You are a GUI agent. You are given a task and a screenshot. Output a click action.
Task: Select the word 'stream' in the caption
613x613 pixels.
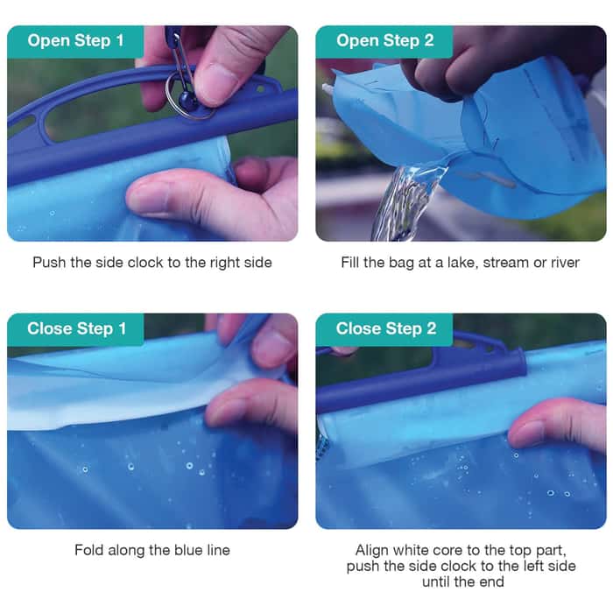[x=499, y=263]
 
